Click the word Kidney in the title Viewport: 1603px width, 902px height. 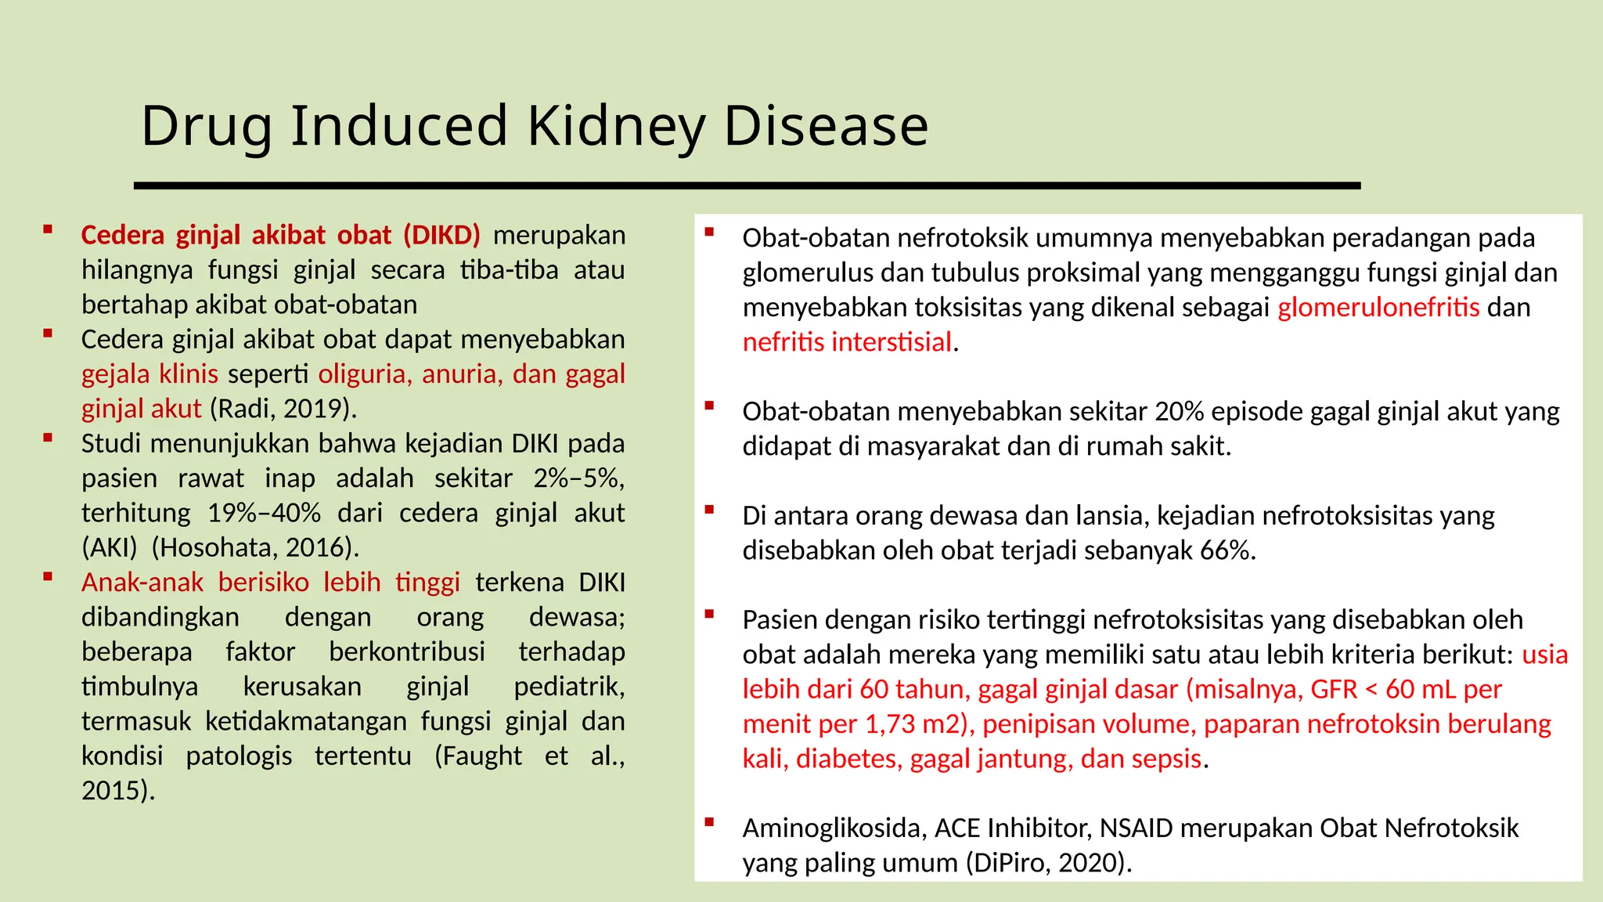pos(616,127)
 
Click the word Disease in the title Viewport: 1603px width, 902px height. pos(826,127)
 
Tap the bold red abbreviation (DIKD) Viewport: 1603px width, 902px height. pos(442,235)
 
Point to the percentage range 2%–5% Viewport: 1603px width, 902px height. pos(578,478)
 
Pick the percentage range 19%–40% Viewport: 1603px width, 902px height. pos(264,513)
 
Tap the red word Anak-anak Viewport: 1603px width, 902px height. pos(142,583)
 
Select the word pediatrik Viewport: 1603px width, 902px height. pos(569,687)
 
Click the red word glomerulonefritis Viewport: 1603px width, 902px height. pos(1378,308)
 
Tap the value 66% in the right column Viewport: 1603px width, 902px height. pos(1225,551)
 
